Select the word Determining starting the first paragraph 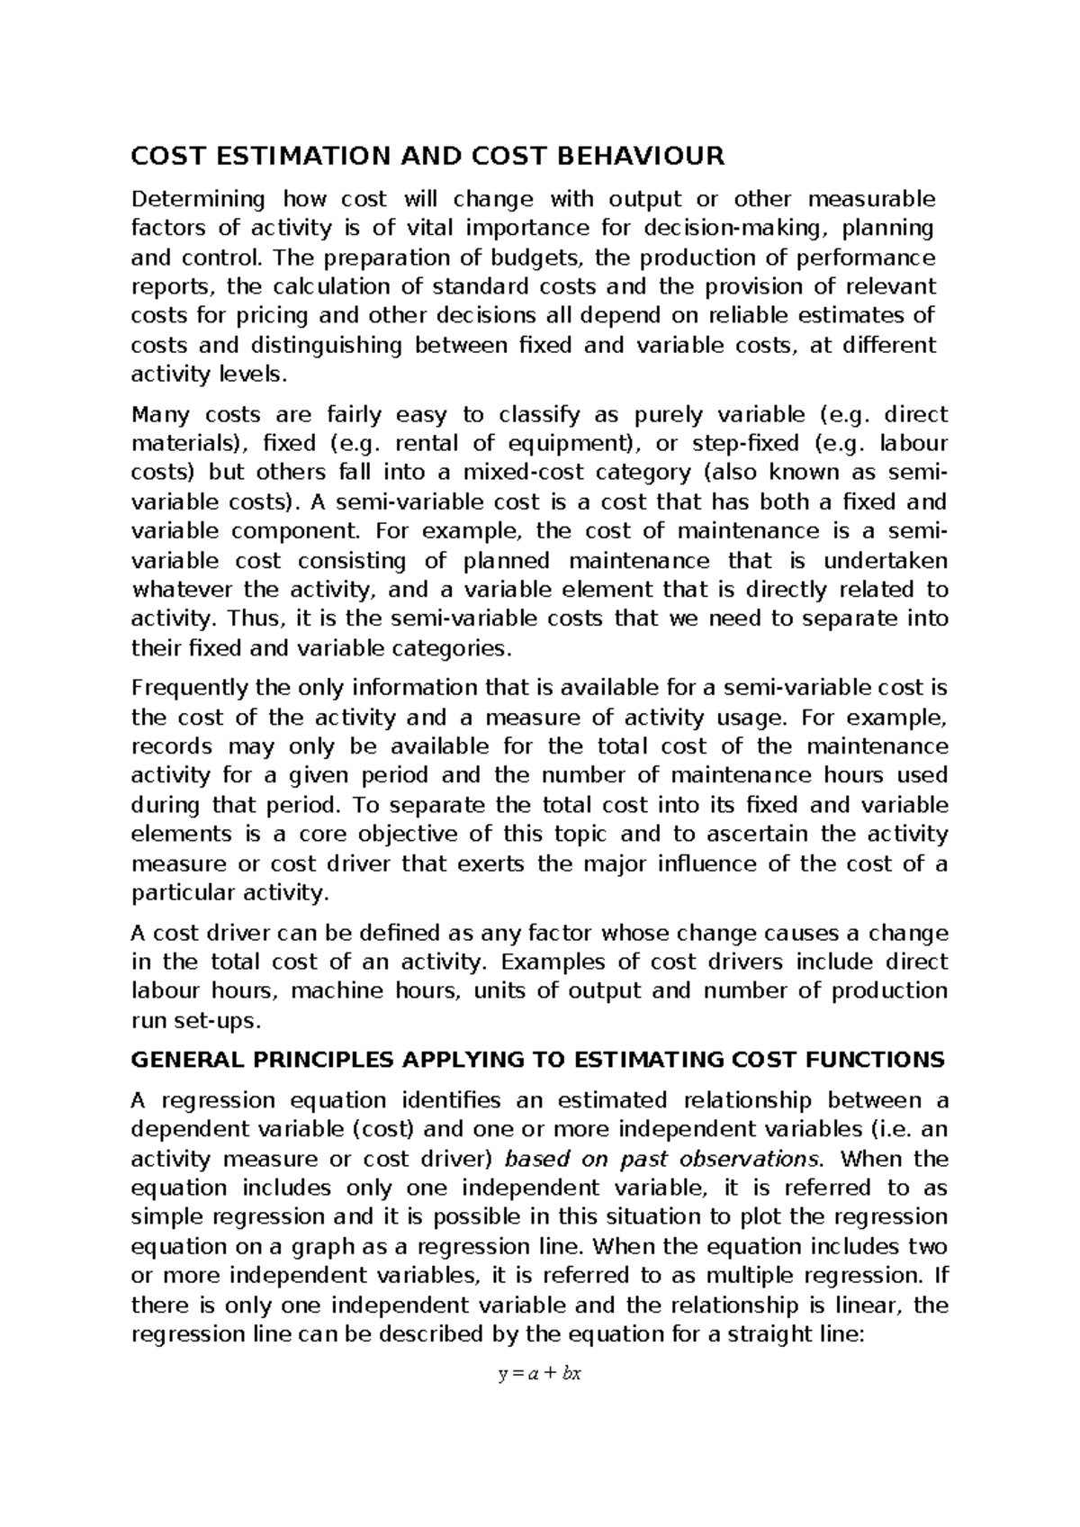coord(198,199)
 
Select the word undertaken coord(886,561)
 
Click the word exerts coord(485,863)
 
